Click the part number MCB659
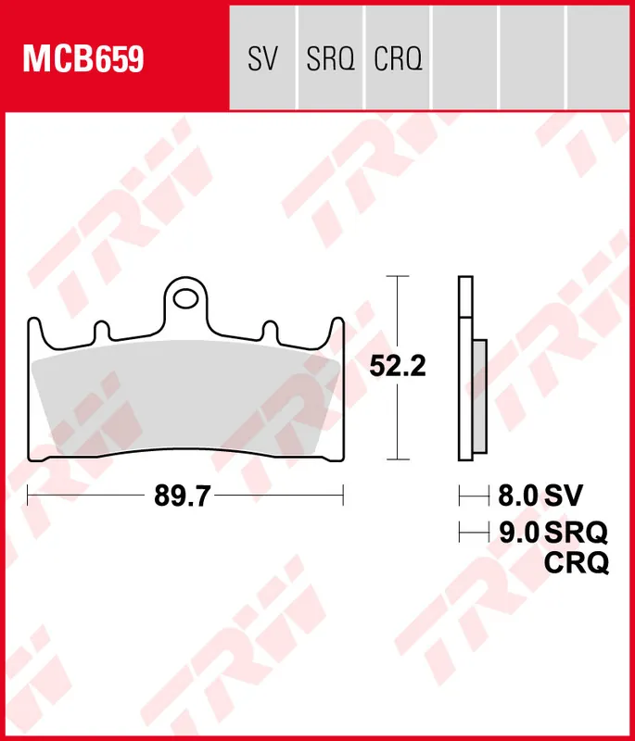[x=83, y=60]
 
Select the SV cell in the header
[x=262, y=60]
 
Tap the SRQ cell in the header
[x=331, y=60]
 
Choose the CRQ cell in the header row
[x=398, y=60]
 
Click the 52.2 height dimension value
[x=397, y=367]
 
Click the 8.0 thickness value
[x=518, y=496]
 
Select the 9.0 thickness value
[x=518, y=532]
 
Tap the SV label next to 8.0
[x=564, y=496]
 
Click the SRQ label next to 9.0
[x=577, y=532]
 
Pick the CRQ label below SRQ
[x=577, y=562]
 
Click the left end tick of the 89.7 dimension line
[x=29, y=496]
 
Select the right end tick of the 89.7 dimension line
[x=344, y=496]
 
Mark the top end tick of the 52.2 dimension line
[x=397, y=276]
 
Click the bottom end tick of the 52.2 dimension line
[x=397, y=458]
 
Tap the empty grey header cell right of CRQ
[x=464, y=56]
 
